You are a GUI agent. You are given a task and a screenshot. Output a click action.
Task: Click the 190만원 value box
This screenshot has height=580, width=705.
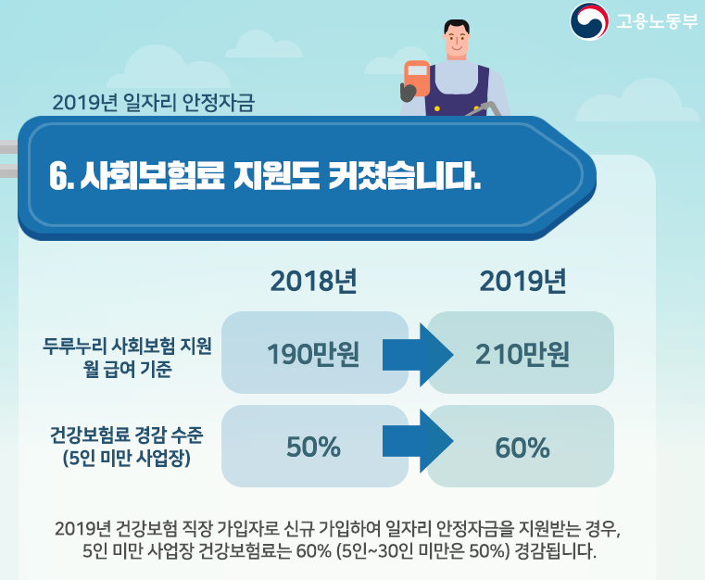(x=315, y=352)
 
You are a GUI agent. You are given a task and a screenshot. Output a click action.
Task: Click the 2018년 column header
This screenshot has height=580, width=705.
(x=314, y=282)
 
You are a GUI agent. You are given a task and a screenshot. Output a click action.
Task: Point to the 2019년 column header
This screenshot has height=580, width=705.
(x=522, y=282)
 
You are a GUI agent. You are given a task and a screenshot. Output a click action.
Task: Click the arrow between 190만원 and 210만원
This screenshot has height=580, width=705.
(x=418, y=355)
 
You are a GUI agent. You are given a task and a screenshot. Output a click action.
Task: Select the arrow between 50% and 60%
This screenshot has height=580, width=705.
(x=418, y=441)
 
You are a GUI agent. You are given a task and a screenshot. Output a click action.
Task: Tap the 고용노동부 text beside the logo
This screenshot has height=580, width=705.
(x=657, y=21)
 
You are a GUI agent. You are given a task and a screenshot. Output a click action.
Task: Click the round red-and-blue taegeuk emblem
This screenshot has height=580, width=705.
(x=589, y=21)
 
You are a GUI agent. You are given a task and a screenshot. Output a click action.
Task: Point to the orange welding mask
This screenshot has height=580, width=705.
(x=416, y=80)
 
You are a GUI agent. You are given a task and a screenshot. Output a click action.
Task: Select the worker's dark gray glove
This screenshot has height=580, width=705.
(x=409, y=93)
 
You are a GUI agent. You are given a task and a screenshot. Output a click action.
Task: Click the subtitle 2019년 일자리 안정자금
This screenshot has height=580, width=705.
(x=153, y=103)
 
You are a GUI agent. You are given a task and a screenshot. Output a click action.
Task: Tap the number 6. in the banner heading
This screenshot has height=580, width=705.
(x=61, y=175)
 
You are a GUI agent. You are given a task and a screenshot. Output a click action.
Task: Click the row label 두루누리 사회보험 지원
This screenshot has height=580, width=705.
(x=127, y=346)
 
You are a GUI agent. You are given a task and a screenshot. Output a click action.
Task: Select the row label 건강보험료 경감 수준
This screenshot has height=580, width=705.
(x=127, y=435)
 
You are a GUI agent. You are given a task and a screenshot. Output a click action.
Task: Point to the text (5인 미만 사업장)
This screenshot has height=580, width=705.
(x=127, y=458)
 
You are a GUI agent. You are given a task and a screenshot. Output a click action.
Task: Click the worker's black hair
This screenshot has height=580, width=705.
(x=457, y=26)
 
